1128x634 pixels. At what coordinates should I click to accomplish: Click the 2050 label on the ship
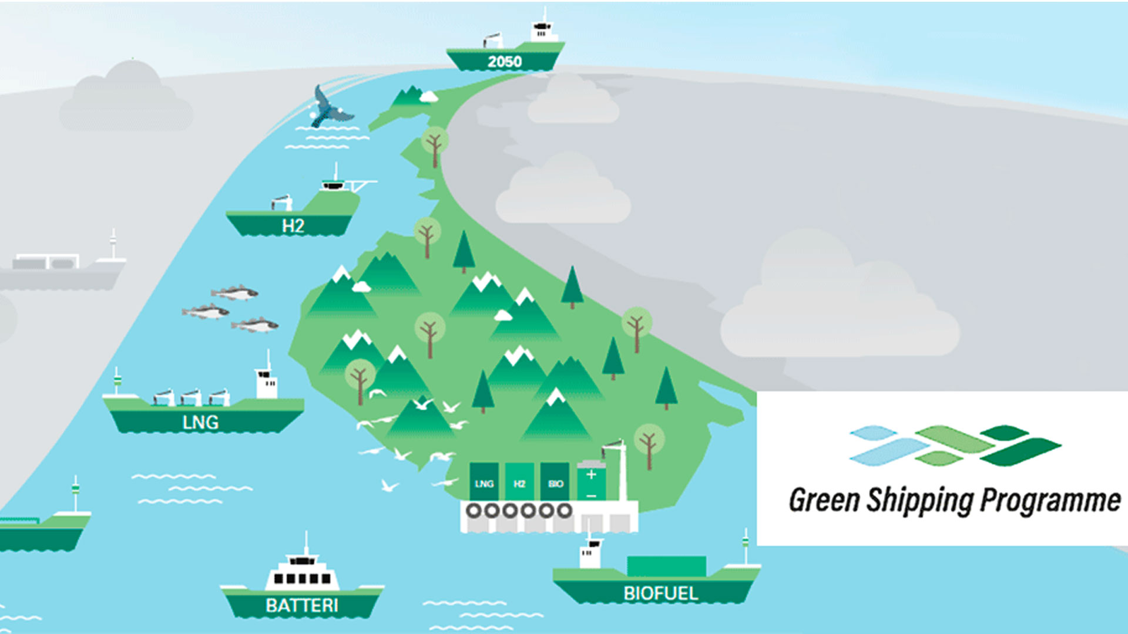pos(505,62)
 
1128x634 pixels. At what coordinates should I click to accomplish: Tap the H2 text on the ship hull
pos(293,226)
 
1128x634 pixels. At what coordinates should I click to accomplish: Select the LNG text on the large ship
pos(201,423)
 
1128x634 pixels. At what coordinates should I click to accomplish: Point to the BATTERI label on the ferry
pos(302,605)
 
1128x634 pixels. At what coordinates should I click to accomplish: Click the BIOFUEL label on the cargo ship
pos(661,593)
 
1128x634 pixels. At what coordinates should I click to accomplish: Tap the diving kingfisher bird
pos(329,107)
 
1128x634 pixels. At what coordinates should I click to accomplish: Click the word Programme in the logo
pos(1050,501)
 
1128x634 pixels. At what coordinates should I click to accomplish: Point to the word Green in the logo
pos(824,500)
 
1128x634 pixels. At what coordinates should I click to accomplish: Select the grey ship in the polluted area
pos(62,267)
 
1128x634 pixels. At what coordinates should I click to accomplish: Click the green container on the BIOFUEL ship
pos(666,566)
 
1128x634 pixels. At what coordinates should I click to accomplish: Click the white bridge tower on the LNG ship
pos(267,382)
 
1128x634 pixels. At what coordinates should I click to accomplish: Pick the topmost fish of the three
pos(234,292)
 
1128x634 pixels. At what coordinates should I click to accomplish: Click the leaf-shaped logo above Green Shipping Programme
pos(955,446)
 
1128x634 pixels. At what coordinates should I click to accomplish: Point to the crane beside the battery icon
pos(617,470)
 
